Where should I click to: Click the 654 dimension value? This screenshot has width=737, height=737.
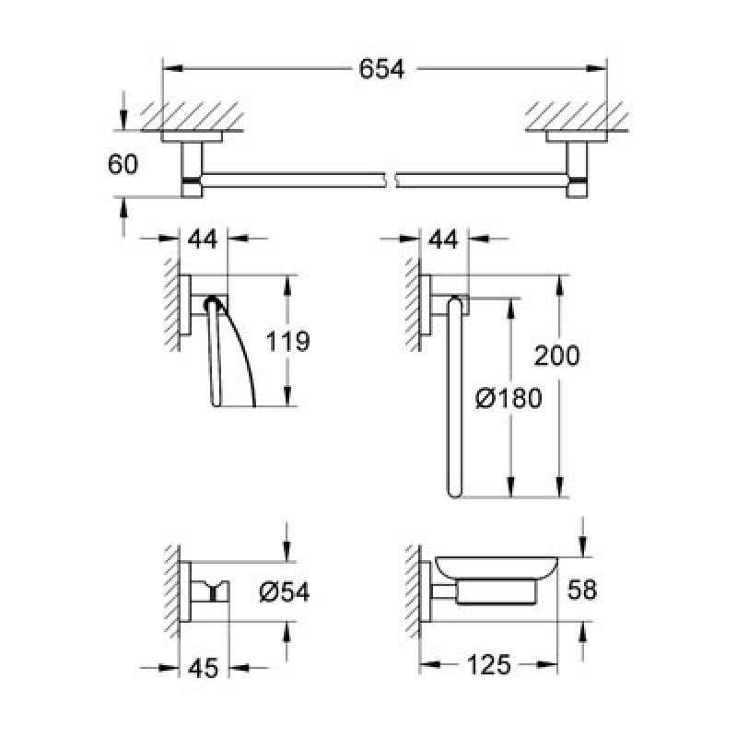[x=381, y=69]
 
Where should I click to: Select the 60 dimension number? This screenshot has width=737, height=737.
[x=123, y=165]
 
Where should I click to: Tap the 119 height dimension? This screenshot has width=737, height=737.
[x=287, y=341]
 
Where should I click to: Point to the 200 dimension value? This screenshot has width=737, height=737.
[x=557, y=356]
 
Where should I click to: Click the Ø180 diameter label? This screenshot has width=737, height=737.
[x=509, y=399]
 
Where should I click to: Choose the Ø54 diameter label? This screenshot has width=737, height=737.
[x=285, y=591]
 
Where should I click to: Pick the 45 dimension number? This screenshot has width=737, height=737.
[x=204, y=668]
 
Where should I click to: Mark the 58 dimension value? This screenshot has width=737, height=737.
[x=582, y=589]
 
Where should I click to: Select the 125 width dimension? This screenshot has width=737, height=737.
[x=488, y=665]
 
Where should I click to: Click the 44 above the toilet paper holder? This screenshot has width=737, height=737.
[x=203, y=240]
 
